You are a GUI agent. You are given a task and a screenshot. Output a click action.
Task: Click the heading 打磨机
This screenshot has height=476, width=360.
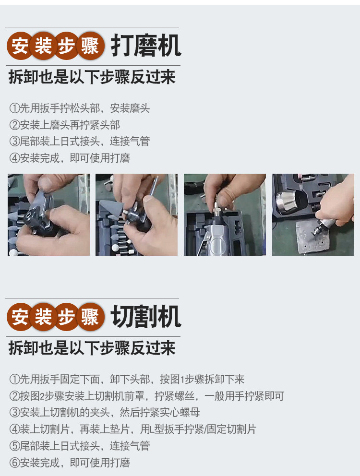146,46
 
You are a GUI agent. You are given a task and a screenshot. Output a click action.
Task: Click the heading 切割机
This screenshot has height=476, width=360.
146,317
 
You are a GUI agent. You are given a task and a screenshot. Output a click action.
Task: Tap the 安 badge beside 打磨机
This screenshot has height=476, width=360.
20,46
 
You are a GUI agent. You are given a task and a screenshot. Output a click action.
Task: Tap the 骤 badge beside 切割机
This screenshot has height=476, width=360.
90,317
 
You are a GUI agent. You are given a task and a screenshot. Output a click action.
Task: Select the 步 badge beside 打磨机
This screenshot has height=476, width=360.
67,46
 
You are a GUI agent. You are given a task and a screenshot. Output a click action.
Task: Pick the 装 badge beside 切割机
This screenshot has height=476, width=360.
43,317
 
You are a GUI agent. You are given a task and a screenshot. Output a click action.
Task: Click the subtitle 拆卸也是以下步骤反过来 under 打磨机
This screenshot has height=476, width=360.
92,77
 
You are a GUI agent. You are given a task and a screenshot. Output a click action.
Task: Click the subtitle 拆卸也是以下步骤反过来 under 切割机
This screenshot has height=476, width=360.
92,348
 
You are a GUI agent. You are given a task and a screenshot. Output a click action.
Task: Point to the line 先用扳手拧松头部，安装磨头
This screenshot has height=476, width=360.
80,108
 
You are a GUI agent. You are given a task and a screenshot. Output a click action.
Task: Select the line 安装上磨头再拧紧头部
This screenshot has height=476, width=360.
65,124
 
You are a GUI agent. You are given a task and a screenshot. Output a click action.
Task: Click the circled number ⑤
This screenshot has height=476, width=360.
14,446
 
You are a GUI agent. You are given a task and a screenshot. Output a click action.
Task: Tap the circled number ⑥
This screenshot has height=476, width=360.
14,463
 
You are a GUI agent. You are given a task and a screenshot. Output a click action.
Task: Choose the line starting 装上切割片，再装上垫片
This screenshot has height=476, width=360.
133,429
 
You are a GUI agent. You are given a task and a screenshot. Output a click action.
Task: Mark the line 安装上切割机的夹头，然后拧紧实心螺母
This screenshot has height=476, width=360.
105,413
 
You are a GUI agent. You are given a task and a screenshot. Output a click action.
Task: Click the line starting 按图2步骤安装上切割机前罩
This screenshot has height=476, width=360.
147,396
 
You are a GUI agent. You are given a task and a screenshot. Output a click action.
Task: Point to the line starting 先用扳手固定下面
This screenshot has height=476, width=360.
127,379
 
